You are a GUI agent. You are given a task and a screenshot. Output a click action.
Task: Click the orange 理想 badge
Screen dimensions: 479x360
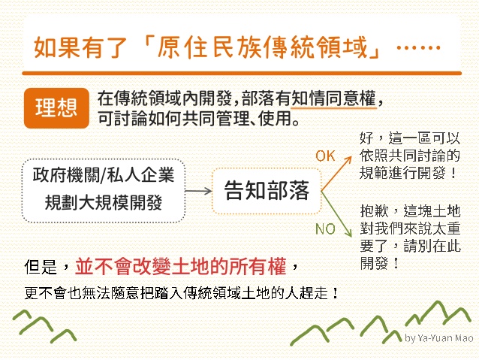click(x=56, y=108)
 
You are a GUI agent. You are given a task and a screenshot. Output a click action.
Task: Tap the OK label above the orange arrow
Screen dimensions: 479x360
click(x=325, y=156)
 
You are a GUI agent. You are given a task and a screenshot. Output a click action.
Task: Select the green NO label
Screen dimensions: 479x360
click(x=325, y=229)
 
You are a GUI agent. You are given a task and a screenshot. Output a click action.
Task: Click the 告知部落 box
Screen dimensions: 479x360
click(x=267, y=191)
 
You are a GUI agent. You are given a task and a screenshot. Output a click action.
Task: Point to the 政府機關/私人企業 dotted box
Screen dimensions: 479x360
click(x=104, y=190)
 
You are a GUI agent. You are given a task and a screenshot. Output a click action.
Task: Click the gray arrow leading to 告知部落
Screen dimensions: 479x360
click(x=199, y=191)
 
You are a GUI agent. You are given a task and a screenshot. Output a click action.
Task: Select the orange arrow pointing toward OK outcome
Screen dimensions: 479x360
click(x=336, y=174)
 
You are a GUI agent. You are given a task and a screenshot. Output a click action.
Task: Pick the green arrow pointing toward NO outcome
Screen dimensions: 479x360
click(x=336, y=214)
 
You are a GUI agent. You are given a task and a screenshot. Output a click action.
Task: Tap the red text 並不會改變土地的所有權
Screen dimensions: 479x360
click(x=181, y=266)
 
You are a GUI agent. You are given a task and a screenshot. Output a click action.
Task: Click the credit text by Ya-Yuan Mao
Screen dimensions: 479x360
click(x=439, y=338)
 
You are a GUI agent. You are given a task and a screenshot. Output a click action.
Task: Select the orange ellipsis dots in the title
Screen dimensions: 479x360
click(x=418, y=47)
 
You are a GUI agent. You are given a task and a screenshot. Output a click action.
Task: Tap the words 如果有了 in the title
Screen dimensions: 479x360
click(x=80, y=47)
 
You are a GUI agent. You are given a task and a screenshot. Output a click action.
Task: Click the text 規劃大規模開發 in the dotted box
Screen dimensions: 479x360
click(x=104, y=202)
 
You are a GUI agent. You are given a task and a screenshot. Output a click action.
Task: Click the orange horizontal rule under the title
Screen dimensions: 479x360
click(x=242, y=74)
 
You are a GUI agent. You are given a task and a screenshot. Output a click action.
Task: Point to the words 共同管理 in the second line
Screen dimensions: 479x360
click(x=216, y=118)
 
